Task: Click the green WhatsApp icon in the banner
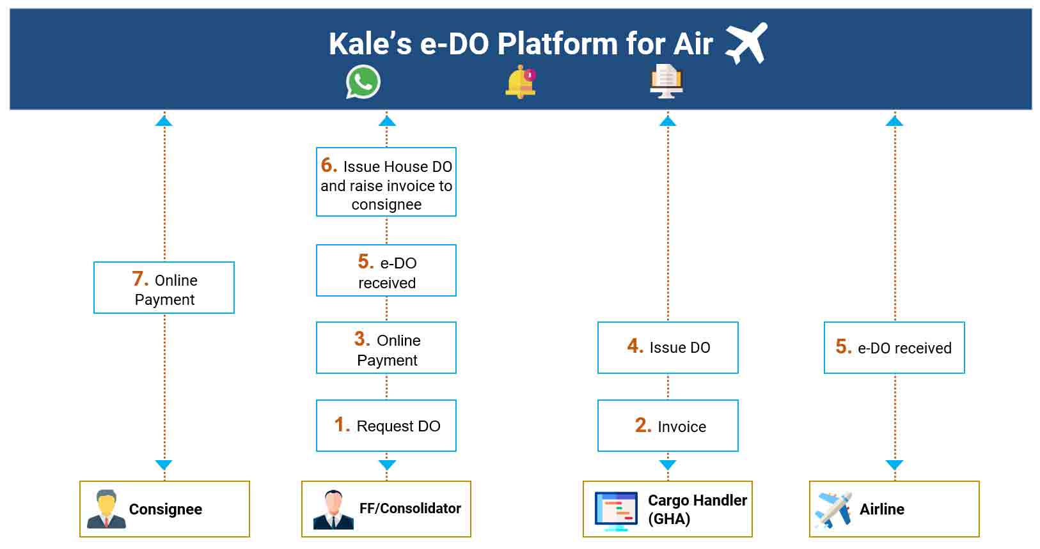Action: (363, 82)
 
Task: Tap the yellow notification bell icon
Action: (521, 82)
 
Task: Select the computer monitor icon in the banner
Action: (666, 81)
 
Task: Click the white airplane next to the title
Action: (746, 43)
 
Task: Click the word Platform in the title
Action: (557, 44)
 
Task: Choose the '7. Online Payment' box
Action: (164, 288)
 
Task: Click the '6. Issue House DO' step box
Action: (386, 182)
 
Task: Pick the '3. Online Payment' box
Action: (386, 348)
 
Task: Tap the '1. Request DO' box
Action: (386, 426)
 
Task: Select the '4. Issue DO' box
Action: (668, 348)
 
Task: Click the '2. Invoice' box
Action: (668, 426)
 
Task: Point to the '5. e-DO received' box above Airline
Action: (894, 348)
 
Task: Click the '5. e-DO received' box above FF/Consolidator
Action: (386, 270)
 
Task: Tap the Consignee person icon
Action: (106, 509)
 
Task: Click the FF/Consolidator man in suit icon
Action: (333, 509)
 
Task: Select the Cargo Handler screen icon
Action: (616, 511)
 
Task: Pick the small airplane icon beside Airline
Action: (833, 510)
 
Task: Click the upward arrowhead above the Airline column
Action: (894, 121)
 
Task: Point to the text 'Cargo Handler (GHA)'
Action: (697, 509)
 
